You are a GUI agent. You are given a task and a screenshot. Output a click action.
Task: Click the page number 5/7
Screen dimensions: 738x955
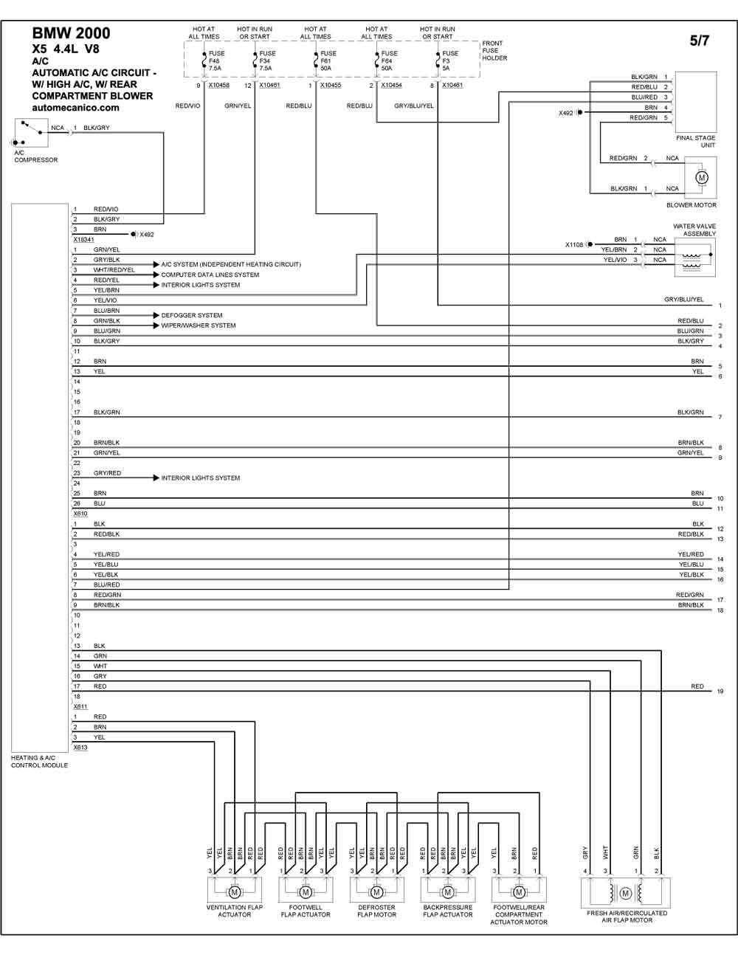tap(700, 41)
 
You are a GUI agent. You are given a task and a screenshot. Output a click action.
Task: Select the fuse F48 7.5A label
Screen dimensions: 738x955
tap(216, 61)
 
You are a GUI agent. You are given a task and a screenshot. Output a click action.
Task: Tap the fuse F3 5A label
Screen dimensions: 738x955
tap(450, 61)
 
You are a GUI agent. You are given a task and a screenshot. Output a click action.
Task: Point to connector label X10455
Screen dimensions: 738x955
tap(331, 86)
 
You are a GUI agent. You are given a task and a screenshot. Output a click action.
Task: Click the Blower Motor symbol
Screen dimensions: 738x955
tap(702, 178)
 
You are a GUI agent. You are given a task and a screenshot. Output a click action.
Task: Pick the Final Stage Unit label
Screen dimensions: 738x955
tap(696, 141)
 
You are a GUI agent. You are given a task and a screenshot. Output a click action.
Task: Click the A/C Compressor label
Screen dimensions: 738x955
tap(35, 156)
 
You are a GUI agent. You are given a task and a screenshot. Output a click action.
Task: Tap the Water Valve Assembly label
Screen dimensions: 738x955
tap(694, 230)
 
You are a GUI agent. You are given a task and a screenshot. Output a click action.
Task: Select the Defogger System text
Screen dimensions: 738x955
tap(192, 315)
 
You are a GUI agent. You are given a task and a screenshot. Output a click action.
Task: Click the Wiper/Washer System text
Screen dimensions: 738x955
tap(198, 325)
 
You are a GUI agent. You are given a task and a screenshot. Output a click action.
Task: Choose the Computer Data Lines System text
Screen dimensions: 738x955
tap(210, 275)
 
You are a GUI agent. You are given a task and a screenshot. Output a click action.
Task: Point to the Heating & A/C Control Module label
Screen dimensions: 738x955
tap(40, 762)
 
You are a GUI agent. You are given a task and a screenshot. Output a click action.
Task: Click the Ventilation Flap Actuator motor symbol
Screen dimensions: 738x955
tap(234, 892)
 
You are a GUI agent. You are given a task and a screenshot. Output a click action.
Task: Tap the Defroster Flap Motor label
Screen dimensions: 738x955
tap(376, 911)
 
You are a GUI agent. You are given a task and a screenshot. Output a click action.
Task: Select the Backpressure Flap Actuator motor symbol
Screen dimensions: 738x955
tap(448, 892)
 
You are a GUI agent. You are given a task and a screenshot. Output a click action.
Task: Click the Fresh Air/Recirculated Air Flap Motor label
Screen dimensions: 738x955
tap(627, 917)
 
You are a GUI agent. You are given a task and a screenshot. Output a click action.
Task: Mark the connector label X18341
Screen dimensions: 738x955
tap(83, 240)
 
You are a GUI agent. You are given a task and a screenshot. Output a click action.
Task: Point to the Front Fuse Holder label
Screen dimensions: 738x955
tap(494, 50)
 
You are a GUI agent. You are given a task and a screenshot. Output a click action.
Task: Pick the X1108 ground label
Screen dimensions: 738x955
tap(573, 245)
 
